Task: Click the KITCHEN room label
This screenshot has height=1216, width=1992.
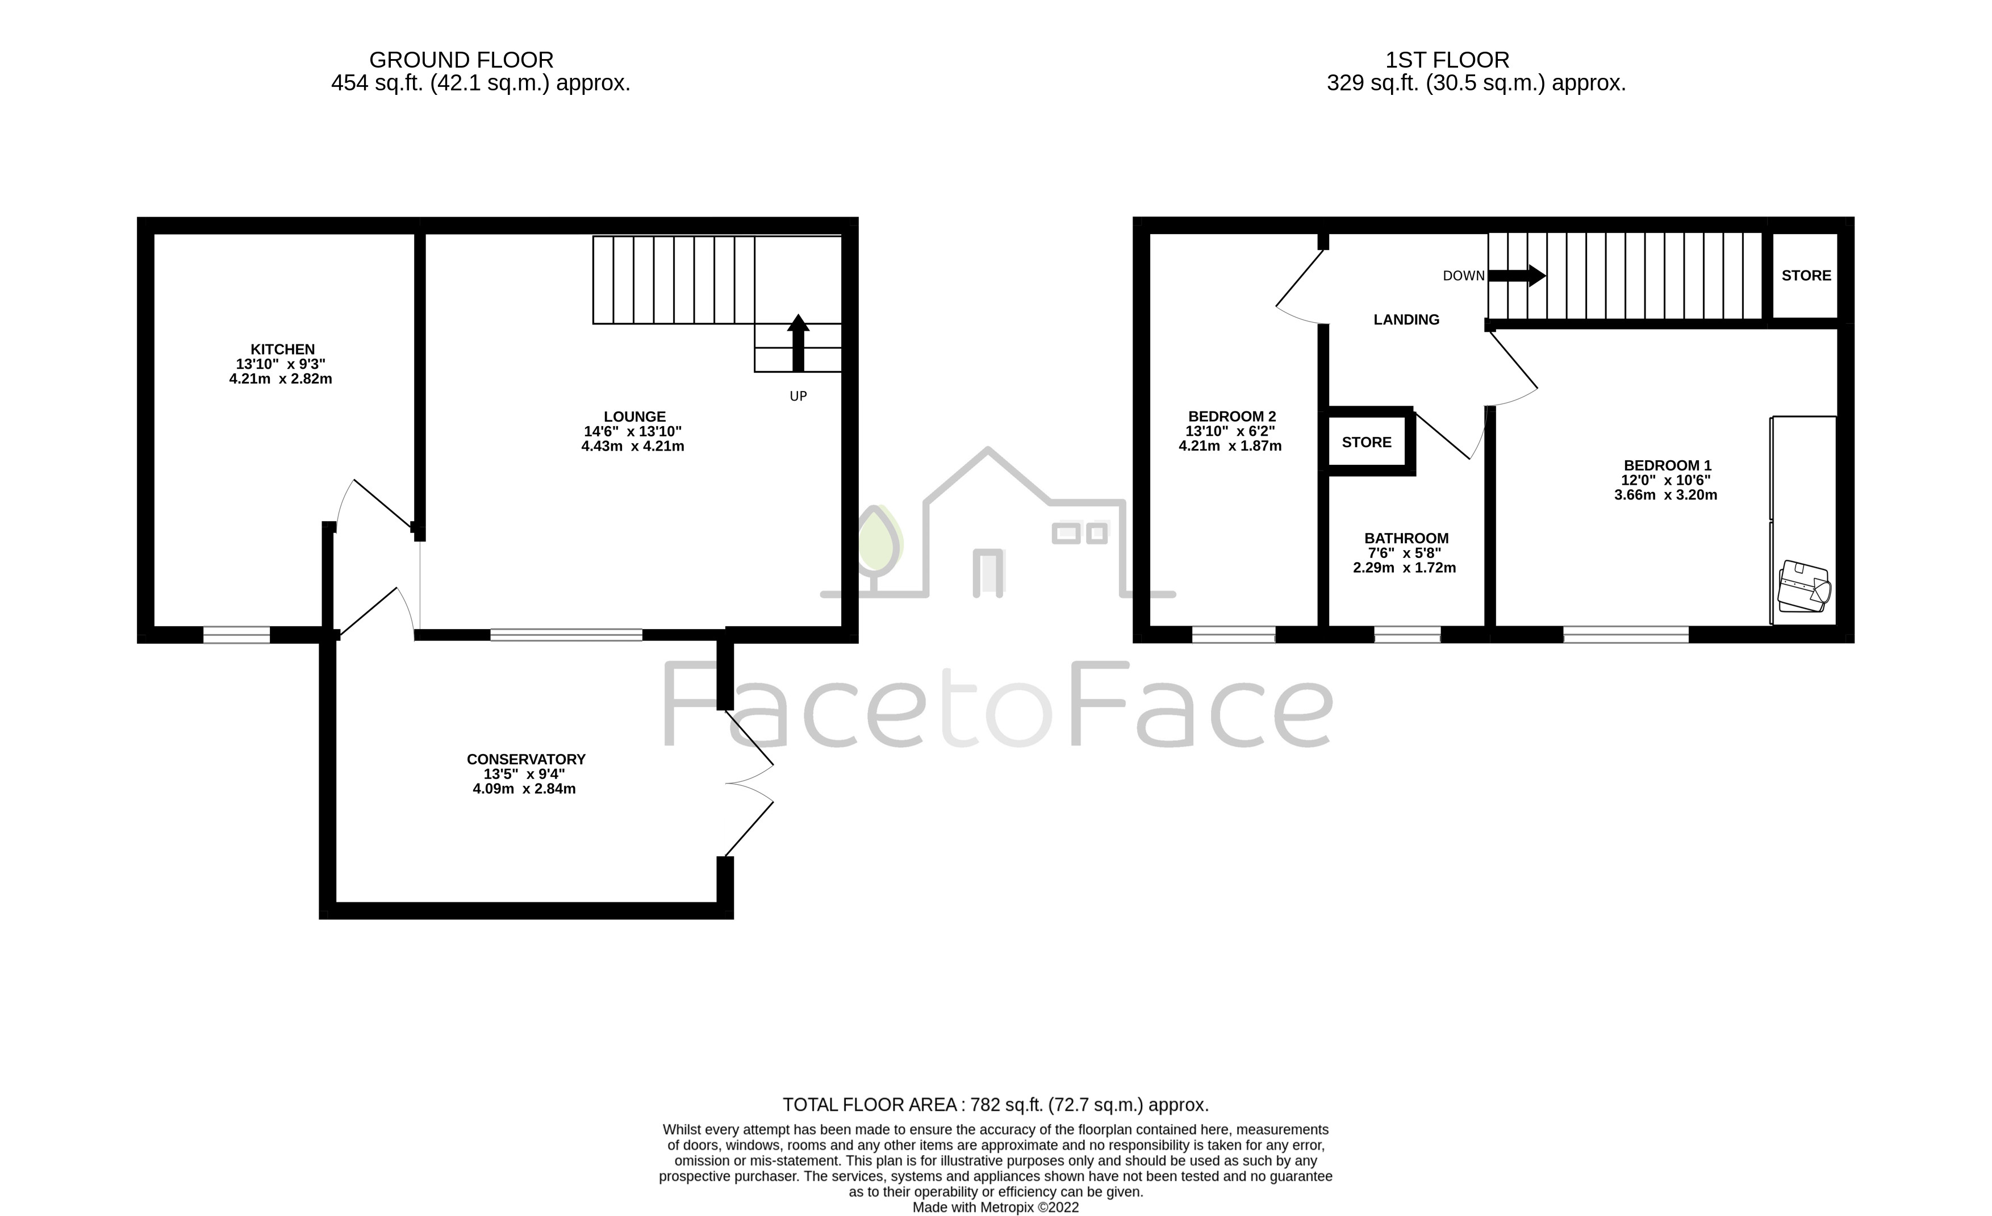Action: pyautogui.click(x=282, y=349)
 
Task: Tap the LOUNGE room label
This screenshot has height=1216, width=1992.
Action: pyautogui.click(x=634, y=417)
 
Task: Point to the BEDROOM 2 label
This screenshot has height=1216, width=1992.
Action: pyautogui.click(x=1231, y=417)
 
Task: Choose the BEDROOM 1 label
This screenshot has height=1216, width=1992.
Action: pyautogui.click(x=1667, y=466)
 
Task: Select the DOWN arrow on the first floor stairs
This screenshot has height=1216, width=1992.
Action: pyautogui.click(x=1516, y=276)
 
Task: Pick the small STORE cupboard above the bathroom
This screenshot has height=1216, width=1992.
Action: pyautogui.click(x=1366, y=442)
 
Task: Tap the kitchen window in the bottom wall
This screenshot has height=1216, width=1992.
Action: pyautogui.click(x=236, y=635)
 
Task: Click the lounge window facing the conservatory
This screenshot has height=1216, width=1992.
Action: pyautogui.click(x=566, y=635)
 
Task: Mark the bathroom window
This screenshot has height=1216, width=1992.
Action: pyautogui.click(x=1407, y=635)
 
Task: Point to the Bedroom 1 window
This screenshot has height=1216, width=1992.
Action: pyautogui.click(x=1625, y=635)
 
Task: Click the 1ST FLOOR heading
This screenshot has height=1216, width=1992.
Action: pyautogui.click(x=1447, y=60)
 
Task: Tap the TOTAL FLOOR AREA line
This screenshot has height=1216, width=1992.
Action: pyautogui.click(x=995, y=1105)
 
